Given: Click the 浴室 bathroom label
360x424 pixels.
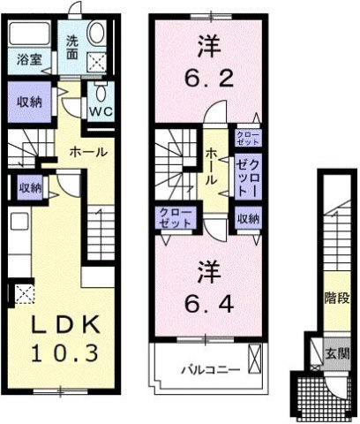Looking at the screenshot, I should pos(26,61).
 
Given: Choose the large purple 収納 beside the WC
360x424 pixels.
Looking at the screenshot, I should pos(29,101).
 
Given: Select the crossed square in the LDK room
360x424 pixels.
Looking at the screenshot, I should pos(20,295).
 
